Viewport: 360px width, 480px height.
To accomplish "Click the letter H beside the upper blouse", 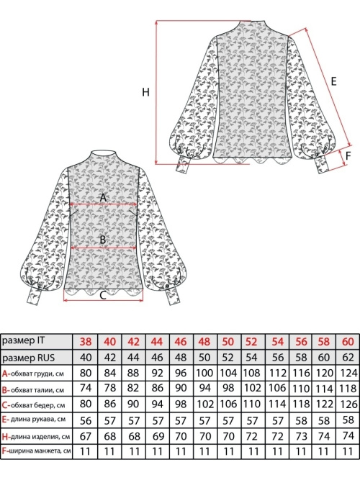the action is [145, 92].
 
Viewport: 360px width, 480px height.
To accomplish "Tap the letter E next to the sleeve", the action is [333, 81].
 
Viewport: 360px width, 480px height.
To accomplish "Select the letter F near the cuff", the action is [348, 156].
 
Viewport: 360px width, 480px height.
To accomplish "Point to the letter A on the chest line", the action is [103, 198].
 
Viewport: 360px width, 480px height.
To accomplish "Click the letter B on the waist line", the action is [103, 240].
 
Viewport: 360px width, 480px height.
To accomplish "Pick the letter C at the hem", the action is [103, 295].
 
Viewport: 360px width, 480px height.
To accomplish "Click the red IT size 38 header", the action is [86, 342].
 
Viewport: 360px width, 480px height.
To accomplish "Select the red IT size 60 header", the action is [348, 342].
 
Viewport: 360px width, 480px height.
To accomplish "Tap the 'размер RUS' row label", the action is [28, 358].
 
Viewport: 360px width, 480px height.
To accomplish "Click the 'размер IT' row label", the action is [23, 340].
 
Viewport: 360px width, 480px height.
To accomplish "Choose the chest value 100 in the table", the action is [204, 373].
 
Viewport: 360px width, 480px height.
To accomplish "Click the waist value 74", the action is [86, 388].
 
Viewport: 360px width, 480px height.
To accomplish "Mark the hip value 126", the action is [348, 404].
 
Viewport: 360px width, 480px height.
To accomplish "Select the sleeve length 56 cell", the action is [86, 420].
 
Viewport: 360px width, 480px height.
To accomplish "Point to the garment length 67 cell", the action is [86, 436].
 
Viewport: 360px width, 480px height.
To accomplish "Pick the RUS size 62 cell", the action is [348, 358].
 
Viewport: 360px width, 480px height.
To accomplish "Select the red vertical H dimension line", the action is [156, 92].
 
